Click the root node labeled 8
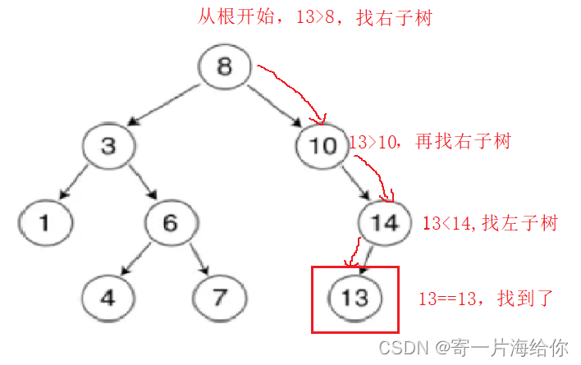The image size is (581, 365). click(x=224, y=66)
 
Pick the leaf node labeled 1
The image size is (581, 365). click(x=46, y=222)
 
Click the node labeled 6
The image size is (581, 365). click(x=171, y=222)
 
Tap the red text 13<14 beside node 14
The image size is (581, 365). click(x=441, y=222)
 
